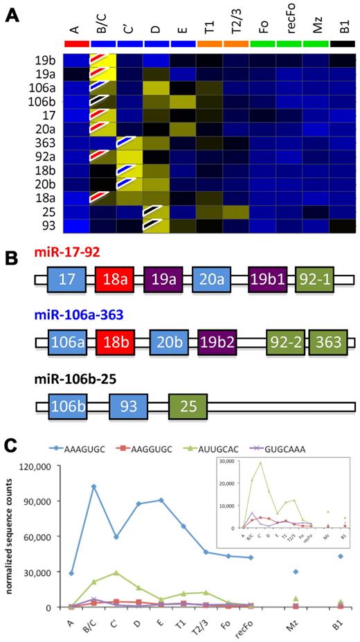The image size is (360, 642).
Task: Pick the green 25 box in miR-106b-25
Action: pos(188,403)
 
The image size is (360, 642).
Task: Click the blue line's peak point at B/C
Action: pos(93,486)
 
